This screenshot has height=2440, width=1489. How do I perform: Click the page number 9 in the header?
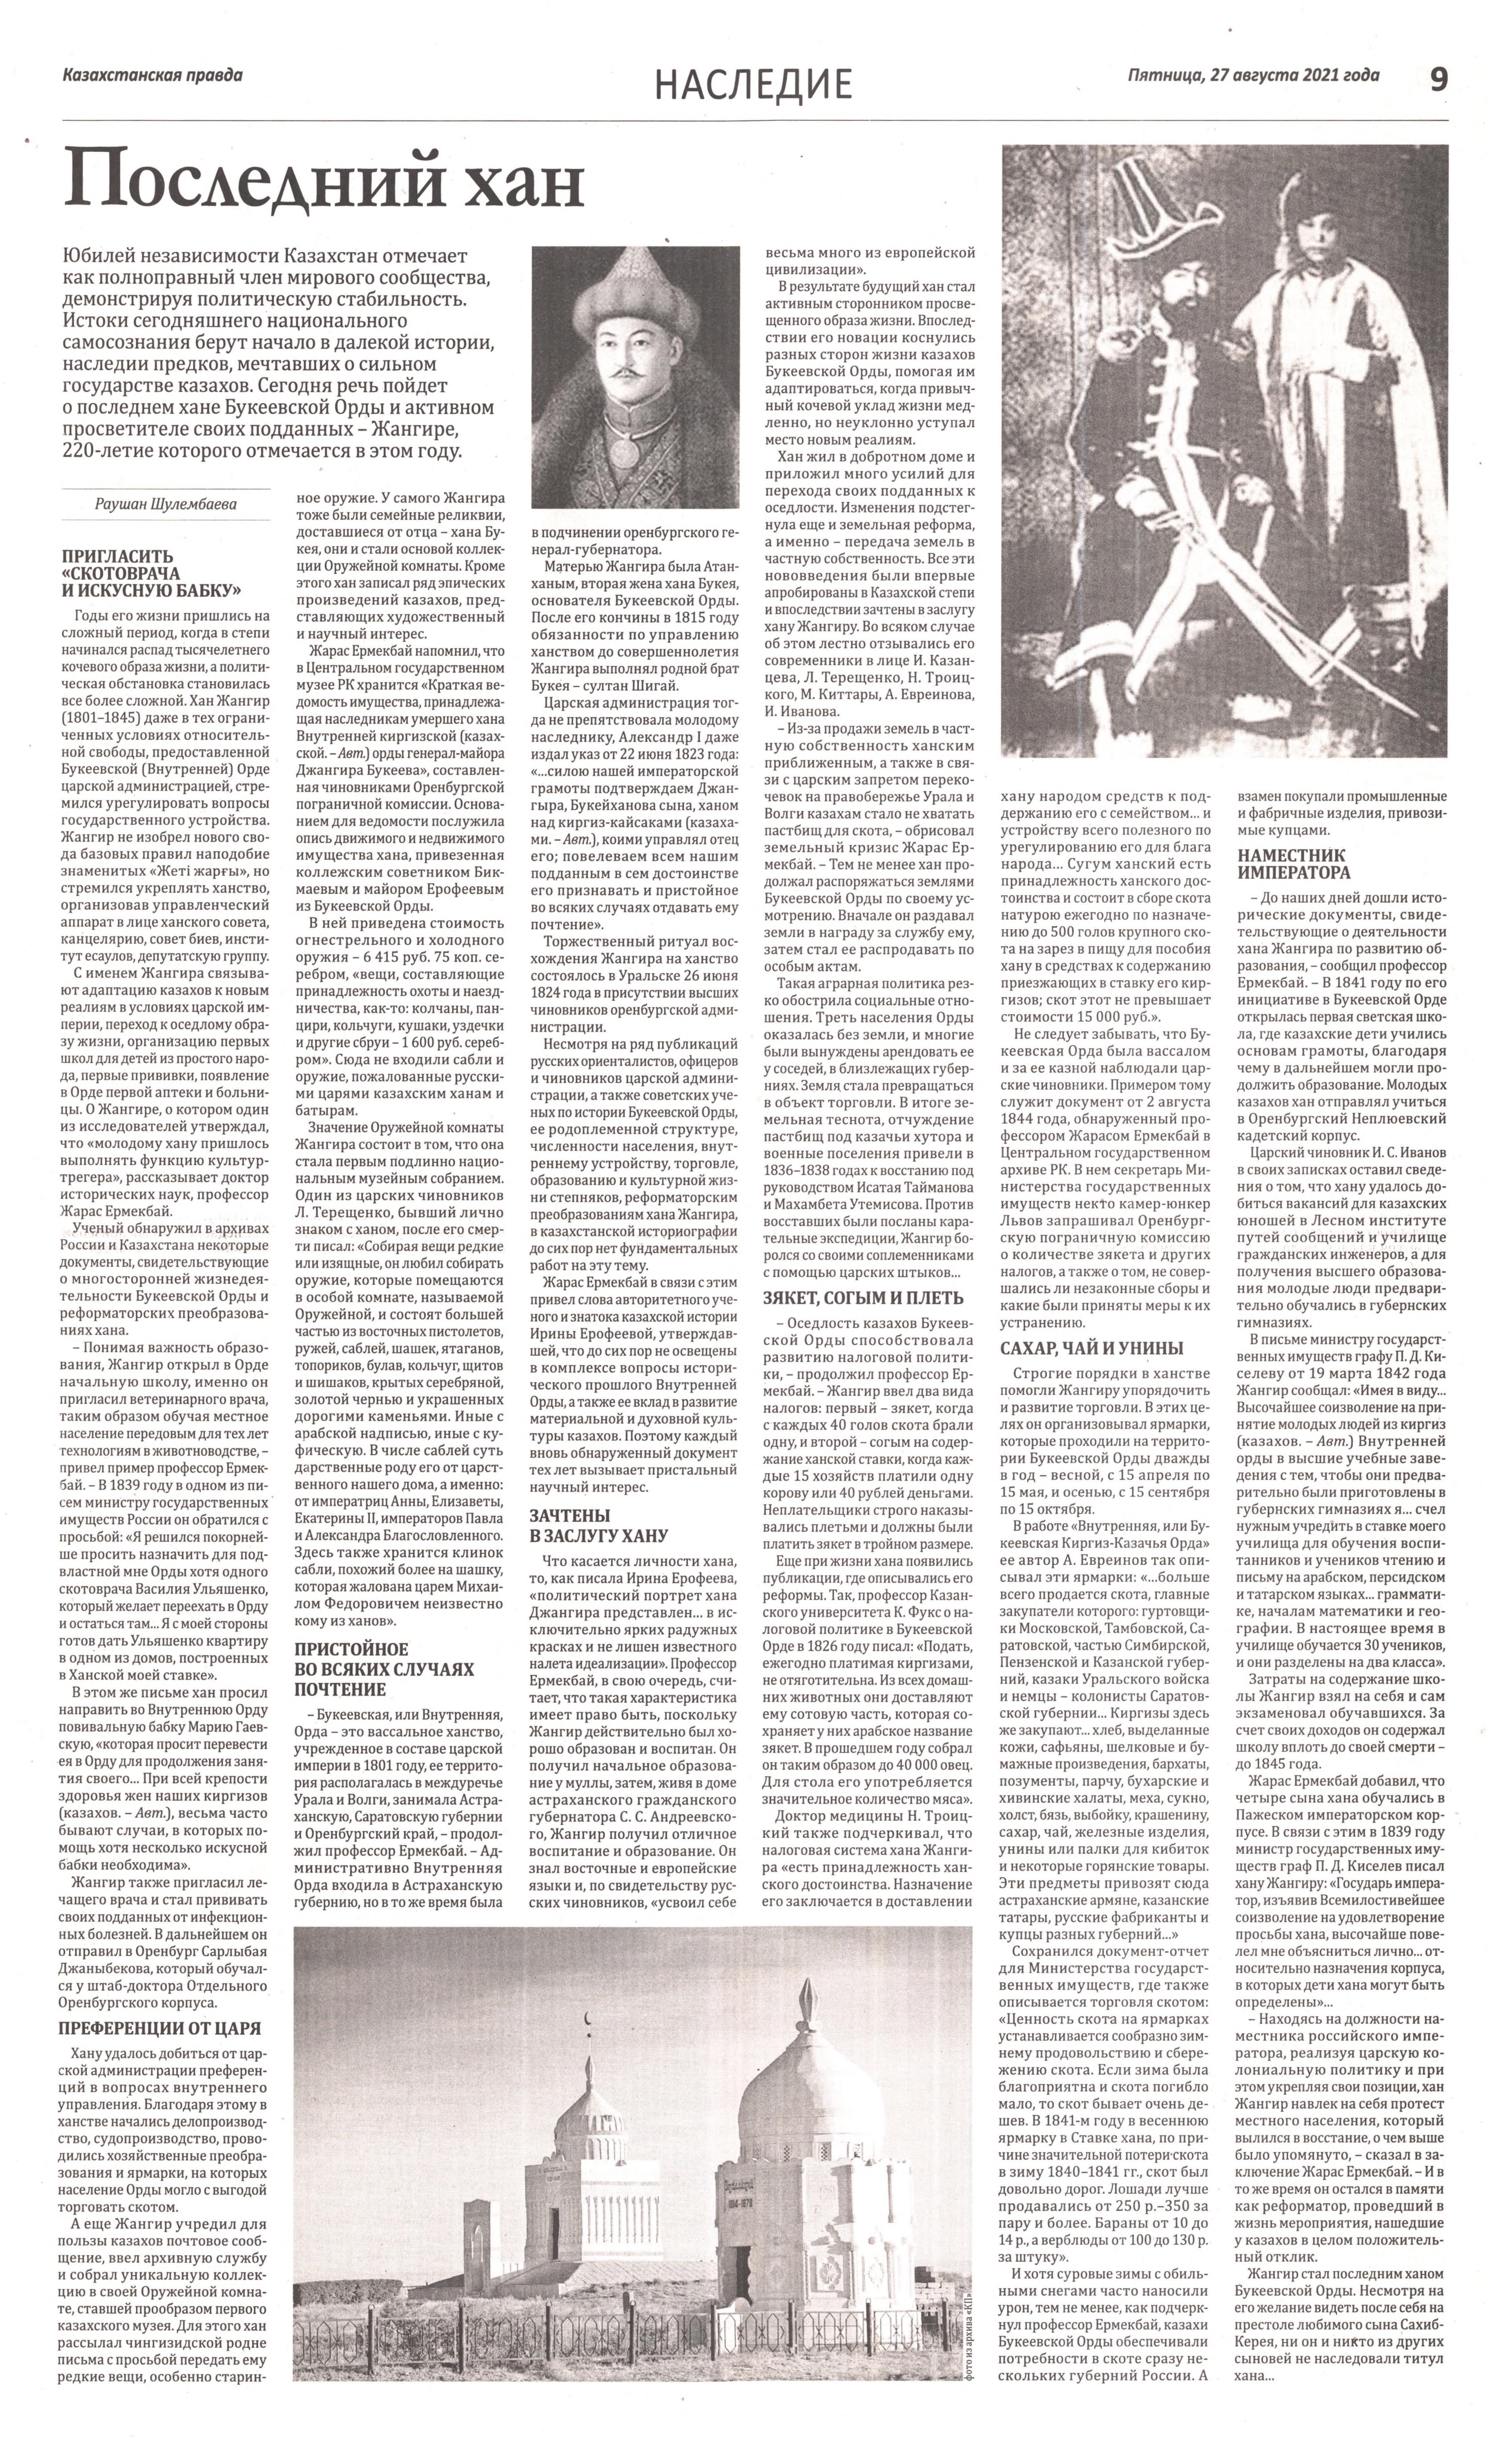[1437, 79]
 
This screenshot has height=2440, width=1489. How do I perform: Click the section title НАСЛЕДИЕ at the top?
[753, 84]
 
